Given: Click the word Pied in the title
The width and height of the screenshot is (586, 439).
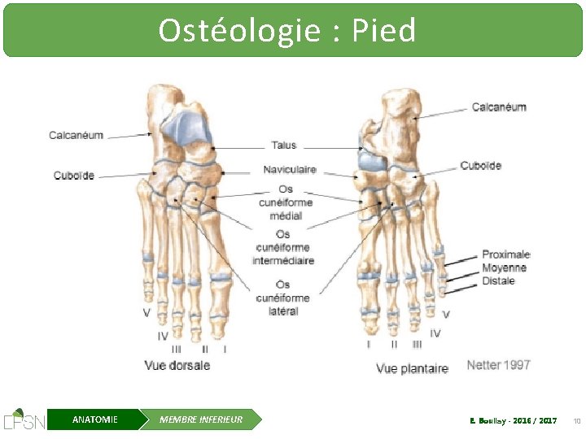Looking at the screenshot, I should coord(383,31).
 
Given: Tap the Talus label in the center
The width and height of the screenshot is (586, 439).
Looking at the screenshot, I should coord(284,146).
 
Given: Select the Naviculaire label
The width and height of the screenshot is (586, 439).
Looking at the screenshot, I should coord(290,170).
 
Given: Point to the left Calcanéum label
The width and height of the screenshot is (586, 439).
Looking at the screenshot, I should coord(76,135).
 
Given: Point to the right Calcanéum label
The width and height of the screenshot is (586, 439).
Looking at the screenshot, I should coord(499,107).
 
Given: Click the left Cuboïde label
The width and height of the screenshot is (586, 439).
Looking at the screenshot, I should coord(74,175).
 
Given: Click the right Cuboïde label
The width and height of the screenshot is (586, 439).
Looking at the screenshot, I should coord(481,166).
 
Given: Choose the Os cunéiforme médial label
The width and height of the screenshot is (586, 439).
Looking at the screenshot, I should coord(286,202).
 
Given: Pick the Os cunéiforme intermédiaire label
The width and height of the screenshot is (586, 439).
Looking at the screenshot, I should coord(283,247).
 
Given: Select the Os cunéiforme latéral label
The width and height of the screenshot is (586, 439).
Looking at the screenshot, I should coord(283,298).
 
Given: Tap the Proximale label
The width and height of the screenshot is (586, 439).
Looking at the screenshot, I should coord(505,254).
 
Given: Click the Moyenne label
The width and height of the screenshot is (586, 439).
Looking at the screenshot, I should coord(504,267).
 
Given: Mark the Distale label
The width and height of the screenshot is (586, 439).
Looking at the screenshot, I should coord(498,280).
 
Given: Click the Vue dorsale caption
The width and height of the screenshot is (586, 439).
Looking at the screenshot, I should coord(177,365).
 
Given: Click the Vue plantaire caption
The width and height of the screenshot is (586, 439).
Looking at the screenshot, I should coord(412,368).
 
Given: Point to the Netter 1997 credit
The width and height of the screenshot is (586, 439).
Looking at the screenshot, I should coord(498,365).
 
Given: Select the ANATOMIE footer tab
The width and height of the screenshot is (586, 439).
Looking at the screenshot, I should coord(94,419).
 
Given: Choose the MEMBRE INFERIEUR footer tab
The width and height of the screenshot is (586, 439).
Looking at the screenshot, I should coord(200,419).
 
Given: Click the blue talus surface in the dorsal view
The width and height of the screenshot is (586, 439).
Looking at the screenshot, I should coord(185,126).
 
